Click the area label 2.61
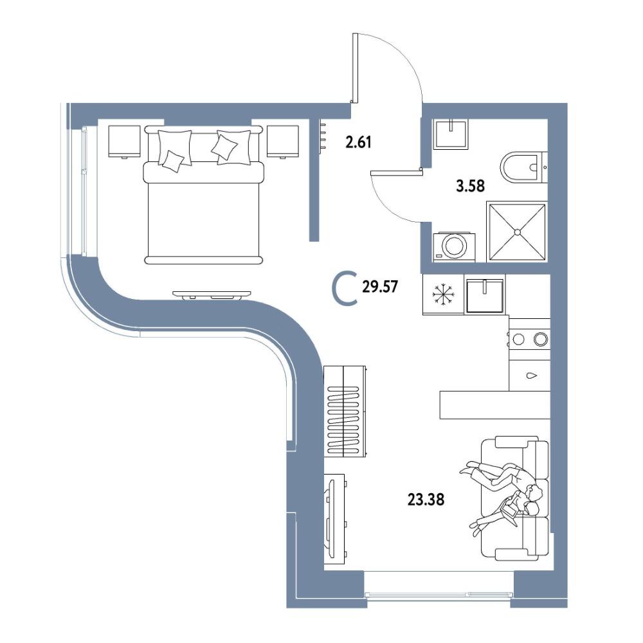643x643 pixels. [x=358, y=143]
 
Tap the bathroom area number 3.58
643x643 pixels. [x=471, y=186]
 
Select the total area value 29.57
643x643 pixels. [x=380, y=287]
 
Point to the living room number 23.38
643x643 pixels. [x=426, y=500]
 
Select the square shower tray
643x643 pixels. [x=517, y=231]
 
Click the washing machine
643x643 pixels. [x=455, y=248]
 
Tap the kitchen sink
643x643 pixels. [x=485, y=295]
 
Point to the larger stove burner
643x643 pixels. [x=541, y=339]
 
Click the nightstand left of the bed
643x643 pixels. [x=124, y=141]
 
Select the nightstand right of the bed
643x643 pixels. [x=282, y=141]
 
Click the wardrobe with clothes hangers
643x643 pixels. [x=345, y=411]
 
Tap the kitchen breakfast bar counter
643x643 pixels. [x=494, y=404]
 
